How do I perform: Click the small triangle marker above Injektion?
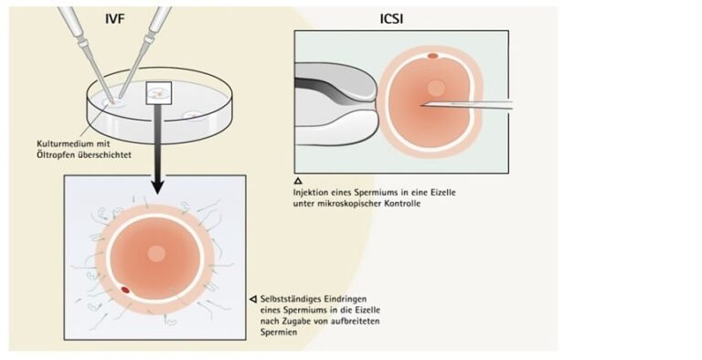coord(298,180)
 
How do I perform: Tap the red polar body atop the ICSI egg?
coord(432,56)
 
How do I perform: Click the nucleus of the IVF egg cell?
coord(156,253)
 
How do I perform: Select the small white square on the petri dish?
coord(159,92)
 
